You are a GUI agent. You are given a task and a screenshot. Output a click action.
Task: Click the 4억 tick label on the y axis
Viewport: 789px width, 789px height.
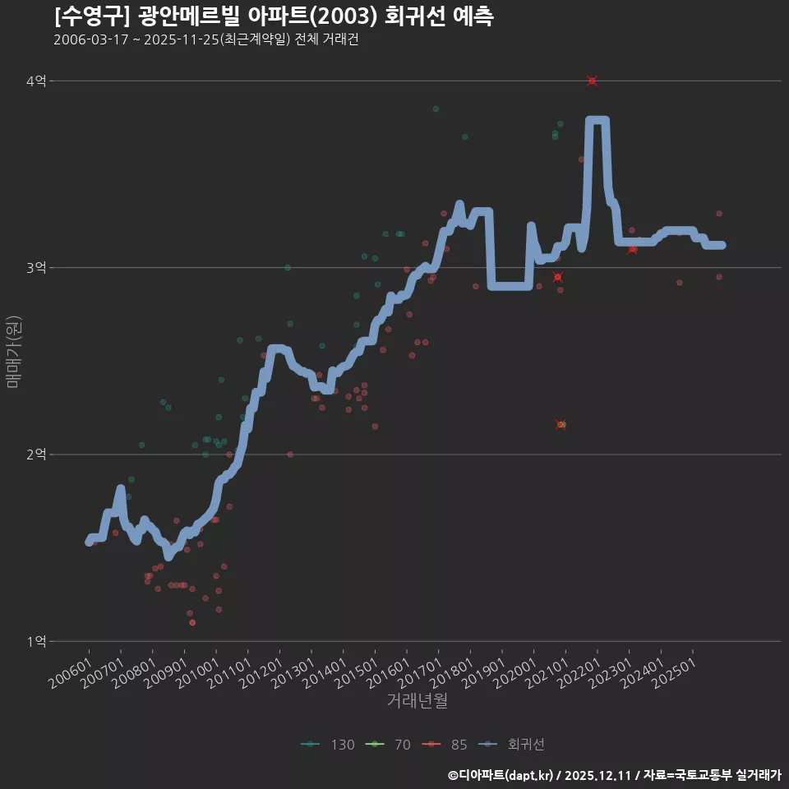point(36,81)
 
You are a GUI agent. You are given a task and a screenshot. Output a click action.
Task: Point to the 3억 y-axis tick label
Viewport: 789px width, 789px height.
point(36,268)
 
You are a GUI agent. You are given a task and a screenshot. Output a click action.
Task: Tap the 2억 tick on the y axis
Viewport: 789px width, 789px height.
point(36,454)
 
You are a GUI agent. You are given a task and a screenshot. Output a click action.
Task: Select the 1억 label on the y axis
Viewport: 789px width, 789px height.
point(36,641)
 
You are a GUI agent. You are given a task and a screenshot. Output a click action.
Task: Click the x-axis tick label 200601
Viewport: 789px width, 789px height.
point(71,673)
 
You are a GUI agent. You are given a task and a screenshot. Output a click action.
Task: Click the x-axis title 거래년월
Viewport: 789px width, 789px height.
point(418,701)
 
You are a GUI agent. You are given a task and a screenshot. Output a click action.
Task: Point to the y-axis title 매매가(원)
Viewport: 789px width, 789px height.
point(14,351)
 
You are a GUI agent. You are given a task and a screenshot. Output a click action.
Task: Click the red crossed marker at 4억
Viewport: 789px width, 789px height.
point(592,81)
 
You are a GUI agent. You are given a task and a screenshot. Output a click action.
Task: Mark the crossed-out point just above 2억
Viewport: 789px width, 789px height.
point(561,424)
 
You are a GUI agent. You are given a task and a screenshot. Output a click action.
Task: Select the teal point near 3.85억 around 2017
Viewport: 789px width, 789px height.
point(436,108)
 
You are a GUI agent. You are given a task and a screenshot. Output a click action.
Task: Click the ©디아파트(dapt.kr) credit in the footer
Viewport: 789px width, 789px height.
point(501,775)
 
